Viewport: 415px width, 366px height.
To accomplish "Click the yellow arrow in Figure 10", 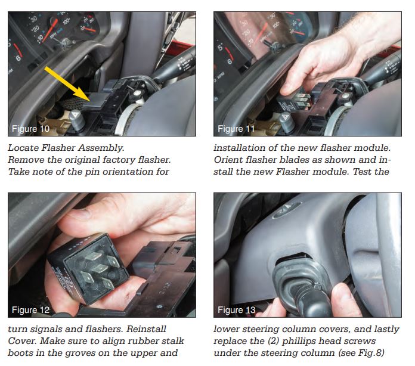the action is (68, 84).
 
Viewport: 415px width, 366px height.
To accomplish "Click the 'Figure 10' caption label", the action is (30, 129).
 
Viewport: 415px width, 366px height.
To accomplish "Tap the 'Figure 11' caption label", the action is (236, 129).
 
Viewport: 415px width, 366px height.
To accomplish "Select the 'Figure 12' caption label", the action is (30, 310).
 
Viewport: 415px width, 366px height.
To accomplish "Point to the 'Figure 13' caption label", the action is (237, 310).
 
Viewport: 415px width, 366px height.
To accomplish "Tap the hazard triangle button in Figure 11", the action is (286, 119).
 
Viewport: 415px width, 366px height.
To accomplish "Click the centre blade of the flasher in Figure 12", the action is (99, 269).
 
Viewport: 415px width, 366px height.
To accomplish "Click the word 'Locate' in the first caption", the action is (23, 148).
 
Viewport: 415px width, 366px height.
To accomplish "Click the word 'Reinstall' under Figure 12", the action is (146, 329).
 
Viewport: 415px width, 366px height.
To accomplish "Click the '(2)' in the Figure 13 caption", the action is (273, 341).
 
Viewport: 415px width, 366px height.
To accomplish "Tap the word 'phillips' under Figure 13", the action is (300, 342).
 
